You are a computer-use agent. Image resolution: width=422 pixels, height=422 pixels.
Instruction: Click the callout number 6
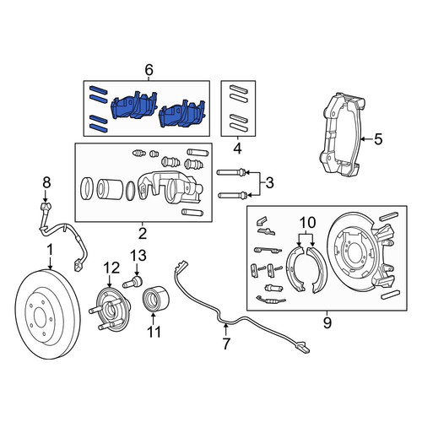(x=149, y=70)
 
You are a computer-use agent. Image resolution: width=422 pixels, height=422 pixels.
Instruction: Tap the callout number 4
(x=238, y=149)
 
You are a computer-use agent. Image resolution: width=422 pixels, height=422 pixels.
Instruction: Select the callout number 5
(x=378, y=139)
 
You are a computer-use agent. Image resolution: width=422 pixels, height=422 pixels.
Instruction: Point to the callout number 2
(x=143, y=233)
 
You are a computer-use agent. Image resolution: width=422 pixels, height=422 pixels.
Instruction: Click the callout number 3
(x=269, y=183)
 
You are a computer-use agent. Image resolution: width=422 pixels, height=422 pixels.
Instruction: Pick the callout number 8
(x=46, y=182)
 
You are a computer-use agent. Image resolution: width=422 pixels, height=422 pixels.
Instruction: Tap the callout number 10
(x=308, y=223)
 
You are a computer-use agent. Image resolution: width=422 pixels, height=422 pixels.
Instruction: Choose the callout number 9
(x=327, y=322)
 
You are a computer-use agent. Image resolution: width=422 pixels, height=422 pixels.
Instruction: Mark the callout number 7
(x=226, y=344)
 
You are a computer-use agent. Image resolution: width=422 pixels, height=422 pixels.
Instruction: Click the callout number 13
(x=138, y=256)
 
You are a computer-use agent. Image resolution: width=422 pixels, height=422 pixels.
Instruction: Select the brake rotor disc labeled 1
(x=47, y=314)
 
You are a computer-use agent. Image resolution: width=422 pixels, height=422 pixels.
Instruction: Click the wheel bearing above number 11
(x=154, y=300)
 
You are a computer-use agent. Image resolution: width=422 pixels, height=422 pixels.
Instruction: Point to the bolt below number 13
(x=133, y=282)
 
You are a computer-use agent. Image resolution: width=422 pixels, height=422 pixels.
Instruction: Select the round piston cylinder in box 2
(x=109, y=189)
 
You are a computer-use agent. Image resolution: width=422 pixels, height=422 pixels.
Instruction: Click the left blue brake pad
(x=134, y=107)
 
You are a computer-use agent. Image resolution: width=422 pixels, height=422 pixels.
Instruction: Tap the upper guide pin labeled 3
(x=232, y=172)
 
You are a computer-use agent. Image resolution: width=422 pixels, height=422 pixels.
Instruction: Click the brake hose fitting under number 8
(x=46, y=208)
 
